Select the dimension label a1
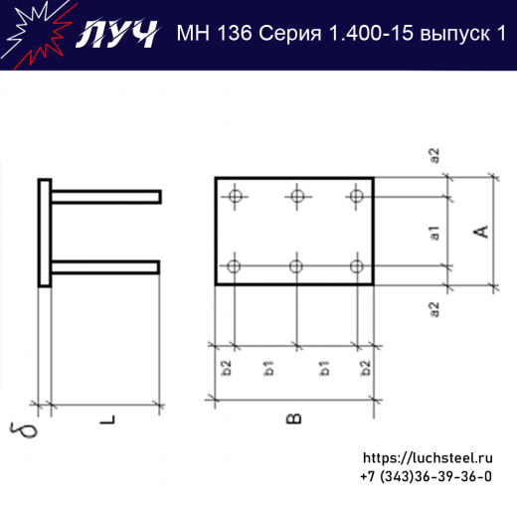[x=434, y=234]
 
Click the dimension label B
[x=294, y=419]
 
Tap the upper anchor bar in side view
[x=105, y=198]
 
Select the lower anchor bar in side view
[x=105, y=265]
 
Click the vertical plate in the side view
[x=45, y=233]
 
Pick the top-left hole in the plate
[x=234, y=196]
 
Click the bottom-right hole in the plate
[x=357, y=265]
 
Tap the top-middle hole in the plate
[x=295, y=196]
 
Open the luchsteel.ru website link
[x=428, y=458]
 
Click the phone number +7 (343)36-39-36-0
[x=427, y=477]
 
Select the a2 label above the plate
[x=434, y=156]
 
